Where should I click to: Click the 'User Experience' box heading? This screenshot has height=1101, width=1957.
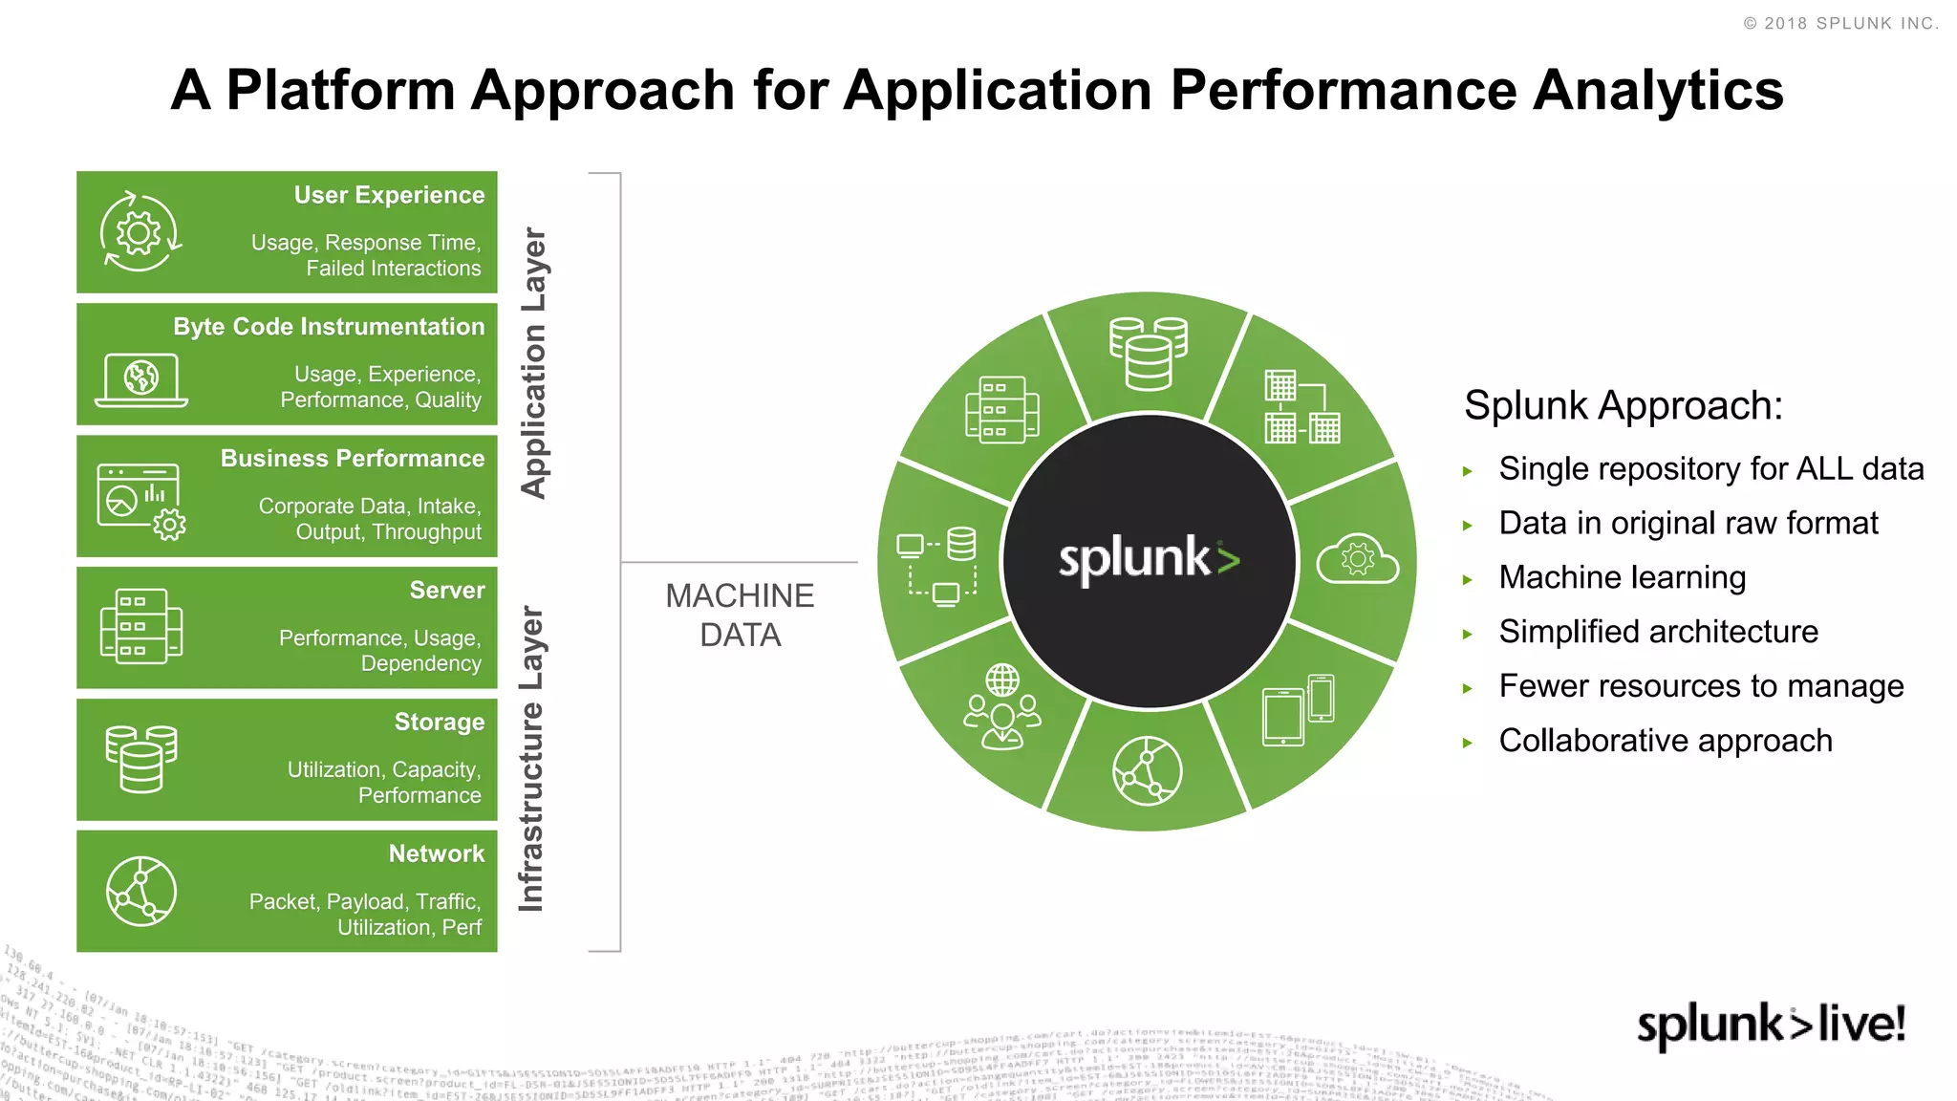coord(389,195)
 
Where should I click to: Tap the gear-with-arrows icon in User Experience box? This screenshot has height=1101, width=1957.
coord(140,232)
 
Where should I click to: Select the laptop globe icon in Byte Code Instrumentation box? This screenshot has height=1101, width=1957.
coord(141,379)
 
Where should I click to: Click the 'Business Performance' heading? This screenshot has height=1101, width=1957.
coord(353,459)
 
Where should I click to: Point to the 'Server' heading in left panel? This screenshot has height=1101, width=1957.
coord(447,591)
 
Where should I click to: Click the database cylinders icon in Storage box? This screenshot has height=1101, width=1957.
coord(141,759)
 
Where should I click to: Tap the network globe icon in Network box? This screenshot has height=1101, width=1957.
coord(141,891)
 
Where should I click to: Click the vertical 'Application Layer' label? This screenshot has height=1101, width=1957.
coord(533,362)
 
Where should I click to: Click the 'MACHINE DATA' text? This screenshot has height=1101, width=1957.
coord(740,615)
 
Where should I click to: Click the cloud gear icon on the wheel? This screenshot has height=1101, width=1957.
coord(1357,560)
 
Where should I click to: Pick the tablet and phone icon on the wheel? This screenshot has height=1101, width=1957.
coord(1298,710)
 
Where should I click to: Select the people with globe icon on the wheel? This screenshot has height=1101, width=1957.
coord(1001,708)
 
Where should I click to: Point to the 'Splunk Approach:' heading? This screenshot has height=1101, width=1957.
coord(1623,405)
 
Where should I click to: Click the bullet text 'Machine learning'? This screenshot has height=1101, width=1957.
coord(1622,577)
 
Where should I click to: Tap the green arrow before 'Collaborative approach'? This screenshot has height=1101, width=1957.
coord(1468,743)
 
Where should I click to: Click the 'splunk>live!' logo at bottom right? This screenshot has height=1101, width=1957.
coord(1771,1025)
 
